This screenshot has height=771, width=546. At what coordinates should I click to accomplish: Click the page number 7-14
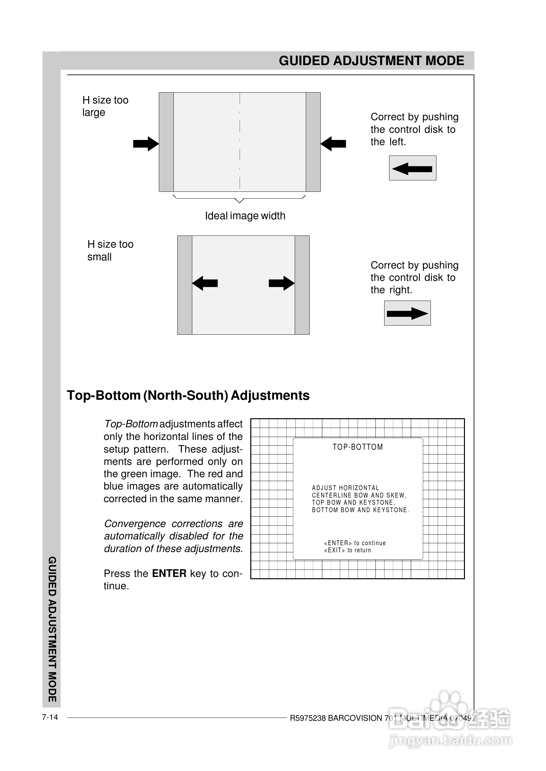[50, 717]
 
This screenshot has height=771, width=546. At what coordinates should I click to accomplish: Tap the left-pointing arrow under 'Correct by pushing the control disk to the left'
[412, 168]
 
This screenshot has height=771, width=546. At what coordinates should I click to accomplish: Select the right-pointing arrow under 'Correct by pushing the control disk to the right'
[407, 314]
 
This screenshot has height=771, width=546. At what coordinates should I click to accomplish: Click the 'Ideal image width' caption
[245, 216]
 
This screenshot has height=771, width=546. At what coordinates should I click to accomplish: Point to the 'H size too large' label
[105, 106]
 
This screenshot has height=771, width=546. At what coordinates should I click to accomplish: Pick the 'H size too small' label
[110, 250]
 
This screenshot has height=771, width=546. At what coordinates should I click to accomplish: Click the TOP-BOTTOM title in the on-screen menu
[358, 447]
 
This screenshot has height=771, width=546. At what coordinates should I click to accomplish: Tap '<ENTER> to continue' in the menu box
[355, 543]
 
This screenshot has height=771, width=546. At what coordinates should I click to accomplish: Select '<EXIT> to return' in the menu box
[347, 550]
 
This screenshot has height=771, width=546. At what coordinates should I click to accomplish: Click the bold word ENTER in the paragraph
[169, 573]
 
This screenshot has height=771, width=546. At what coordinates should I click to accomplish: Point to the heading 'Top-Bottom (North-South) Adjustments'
[188, 396]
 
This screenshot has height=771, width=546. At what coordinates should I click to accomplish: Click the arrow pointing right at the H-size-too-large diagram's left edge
[146, 144]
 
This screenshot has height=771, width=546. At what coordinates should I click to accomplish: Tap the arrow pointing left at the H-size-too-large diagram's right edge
[333, 144]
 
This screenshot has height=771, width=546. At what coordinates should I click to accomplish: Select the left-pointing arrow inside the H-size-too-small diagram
[205, 283]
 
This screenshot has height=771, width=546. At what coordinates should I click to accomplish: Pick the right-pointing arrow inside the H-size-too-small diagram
[282, 283]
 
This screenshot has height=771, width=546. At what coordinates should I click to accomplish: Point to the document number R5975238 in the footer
[308, 718]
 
